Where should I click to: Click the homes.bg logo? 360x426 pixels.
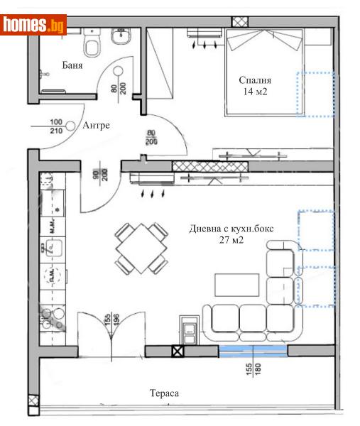coord(34,25)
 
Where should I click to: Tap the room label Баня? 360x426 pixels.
coord(72,65)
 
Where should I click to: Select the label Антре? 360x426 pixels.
coord(96,126)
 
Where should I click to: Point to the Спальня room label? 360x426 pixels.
coord(256,80)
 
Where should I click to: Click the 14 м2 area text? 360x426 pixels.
coord(256,92)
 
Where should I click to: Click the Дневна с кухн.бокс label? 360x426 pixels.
coord(231,229)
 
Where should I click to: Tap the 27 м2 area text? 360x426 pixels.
coord(231,240)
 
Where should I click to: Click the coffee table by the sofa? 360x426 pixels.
coord(236,285)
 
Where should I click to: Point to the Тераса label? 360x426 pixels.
coord(163,393)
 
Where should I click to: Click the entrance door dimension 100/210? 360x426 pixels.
coord(56,126)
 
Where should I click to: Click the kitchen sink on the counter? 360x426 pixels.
coord(51,248)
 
